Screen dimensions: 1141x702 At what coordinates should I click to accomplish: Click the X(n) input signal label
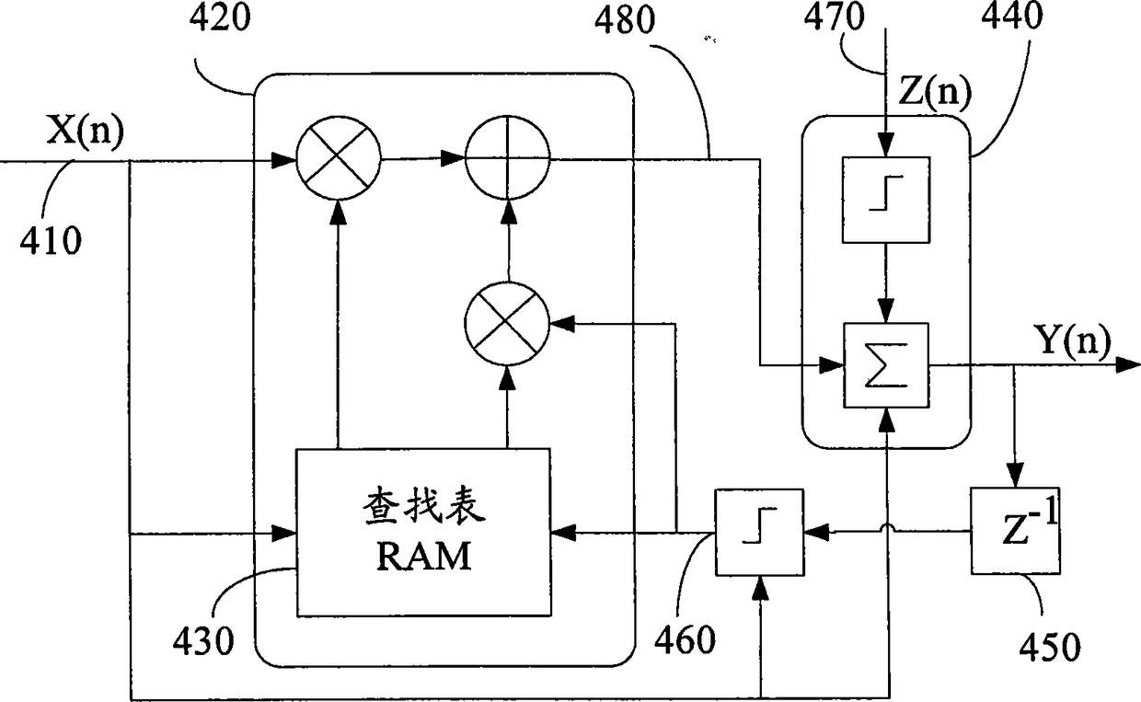click(x=85, y=131)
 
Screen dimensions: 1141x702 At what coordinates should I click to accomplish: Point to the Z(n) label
click(x=935, y=93)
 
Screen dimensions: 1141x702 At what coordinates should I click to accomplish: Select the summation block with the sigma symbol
click(x=886, y=365)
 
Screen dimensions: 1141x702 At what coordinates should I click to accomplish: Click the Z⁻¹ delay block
click(x=1015, y=531)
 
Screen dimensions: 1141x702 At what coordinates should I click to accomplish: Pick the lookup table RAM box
click(x=424, y=533)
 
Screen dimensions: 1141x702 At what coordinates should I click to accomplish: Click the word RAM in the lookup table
click(x=424, y=557)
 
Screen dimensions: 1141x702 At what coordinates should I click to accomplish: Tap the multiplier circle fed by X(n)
click(x=339, y=158)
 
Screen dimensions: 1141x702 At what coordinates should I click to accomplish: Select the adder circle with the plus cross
click(x=507, y=158)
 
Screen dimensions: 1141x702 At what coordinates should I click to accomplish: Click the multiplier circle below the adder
click(x=507, y=323)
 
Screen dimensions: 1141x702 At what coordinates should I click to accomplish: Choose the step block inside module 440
click(x=886, y=200)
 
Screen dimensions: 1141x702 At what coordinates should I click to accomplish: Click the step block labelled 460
click(x=760, y=533)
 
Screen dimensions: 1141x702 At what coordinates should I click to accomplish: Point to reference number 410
click(x=51, y=240)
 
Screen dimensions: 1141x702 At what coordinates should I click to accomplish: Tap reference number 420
click(x=220, y=17)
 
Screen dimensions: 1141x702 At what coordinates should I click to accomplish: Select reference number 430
click(x=203, y=641)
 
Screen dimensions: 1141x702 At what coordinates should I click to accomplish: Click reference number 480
click(x=625, y=20)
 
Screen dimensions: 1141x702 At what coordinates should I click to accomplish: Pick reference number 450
click(x=1050, y=647)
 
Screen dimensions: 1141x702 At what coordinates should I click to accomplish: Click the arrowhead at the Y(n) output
click(x=1128, y=364)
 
